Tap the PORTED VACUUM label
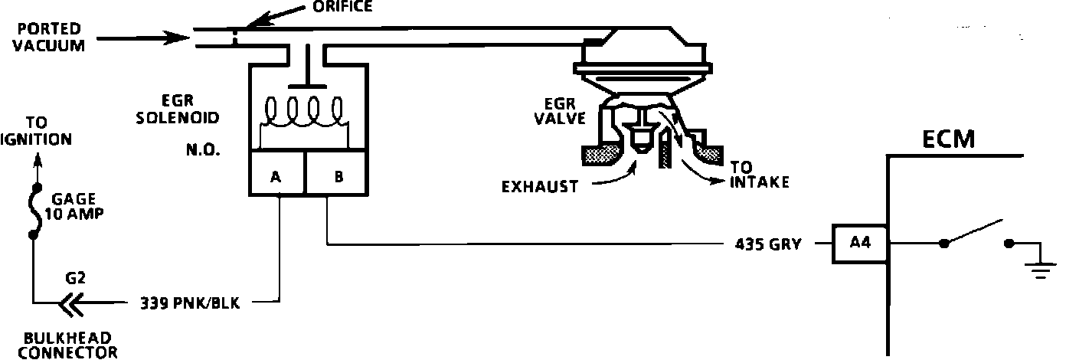pyautogui.click(x=50, y=37)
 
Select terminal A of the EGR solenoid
pyautogui.click(x=276, y=177)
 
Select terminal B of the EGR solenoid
pyautogui.click(x=338, y=177)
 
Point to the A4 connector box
pyautogui.click(x=858, y=244)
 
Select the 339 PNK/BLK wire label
pyautogui.click(x=190, y=303)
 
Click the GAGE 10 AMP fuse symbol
pyautogui.click(x=33, y=211)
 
